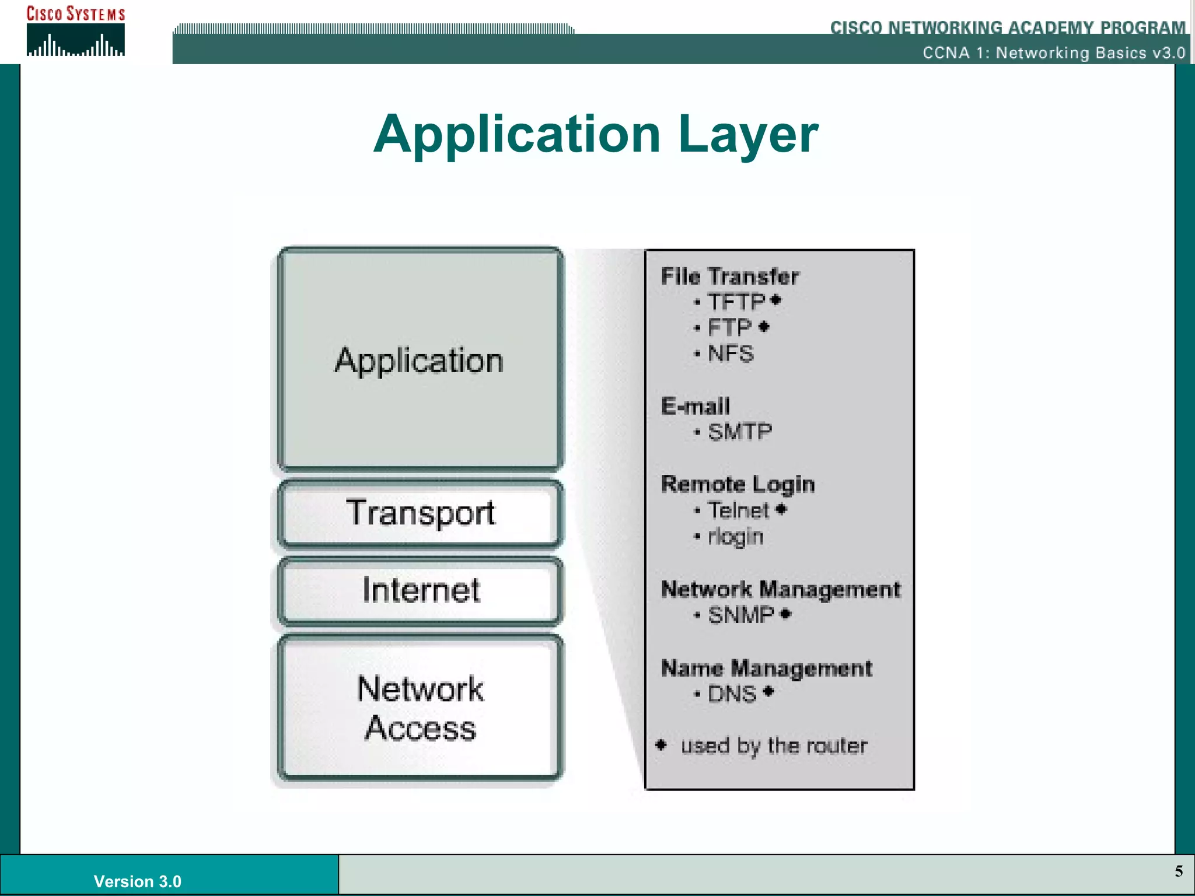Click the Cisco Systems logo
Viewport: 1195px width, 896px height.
click(75, 32)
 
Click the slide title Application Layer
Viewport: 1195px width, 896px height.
click(596, 134)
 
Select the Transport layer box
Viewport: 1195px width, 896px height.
click(420, 513)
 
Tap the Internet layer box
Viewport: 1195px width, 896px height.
click(420, 590)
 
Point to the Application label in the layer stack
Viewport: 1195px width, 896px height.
click(419, 360)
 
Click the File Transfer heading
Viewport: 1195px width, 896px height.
click(729, 276)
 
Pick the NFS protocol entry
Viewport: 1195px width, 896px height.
click(731, 353)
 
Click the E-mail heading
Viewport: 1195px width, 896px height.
click(696, 406)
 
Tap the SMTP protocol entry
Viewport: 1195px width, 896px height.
click(740, 432)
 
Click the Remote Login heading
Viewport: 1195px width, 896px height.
click(738, 484)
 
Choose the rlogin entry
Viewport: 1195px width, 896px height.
click(735, 537)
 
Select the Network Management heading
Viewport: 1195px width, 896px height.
click(781, 589)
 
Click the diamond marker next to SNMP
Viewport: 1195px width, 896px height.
click(785, 614)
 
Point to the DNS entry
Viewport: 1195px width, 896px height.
click(732, 694)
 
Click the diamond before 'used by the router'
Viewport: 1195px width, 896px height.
click(661, 745)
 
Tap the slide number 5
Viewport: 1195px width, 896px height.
click(1179, 871)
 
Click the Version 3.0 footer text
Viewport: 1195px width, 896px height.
click(138, 881)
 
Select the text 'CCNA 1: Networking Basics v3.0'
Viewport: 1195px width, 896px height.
click(1054, 53)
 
